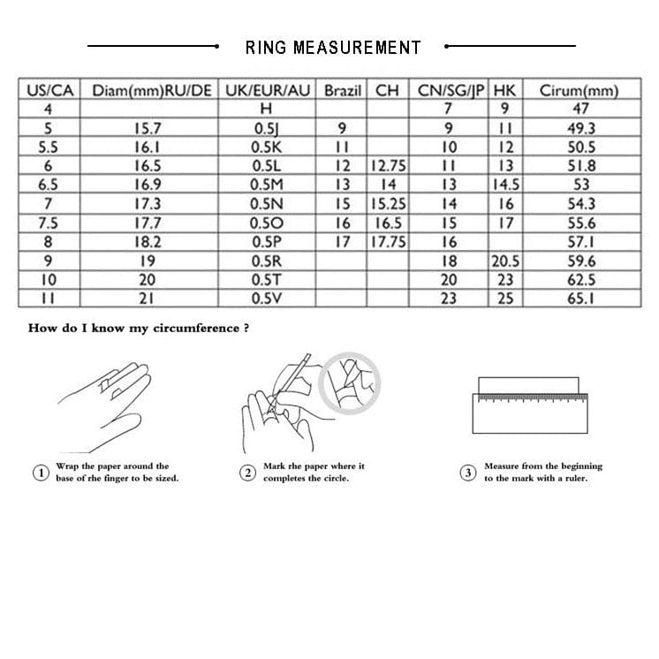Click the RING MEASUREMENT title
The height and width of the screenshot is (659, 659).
332,47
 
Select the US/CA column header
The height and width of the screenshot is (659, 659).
49,91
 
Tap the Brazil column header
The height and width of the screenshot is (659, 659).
343,91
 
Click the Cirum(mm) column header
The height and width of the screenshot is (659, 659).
580,91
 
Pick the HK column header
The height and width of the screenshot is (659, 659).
505,91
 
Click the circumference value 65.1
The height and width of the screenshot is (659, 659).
580,298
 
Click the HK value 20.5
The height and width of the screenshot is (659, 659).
505,261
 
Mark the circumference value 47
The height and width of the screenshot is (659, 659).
580,109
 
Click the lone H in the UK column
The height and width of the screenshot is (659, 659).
267,109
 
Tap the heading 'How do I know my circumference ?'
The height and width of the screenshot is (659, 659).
139,328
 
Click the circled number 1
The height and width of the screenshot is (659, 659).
41,473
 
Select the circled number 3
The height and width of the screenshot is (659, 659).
468,473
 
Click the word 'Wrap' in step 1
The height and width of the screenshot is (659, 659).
66,466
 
